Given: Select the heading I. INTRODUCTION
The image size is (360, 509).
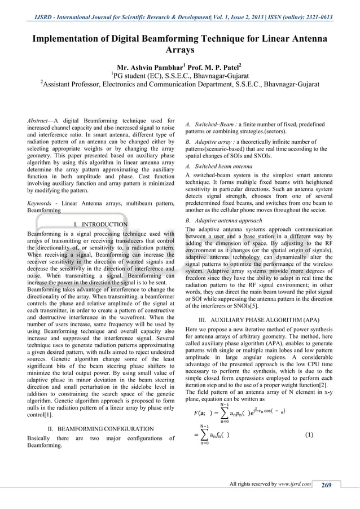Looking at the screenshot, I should [101, 224].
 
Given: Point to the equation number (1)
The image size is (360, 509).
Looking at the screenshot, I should [309, 435].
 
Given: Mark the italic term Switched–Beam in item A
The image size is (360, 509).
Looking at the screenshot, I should [217, 124].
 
